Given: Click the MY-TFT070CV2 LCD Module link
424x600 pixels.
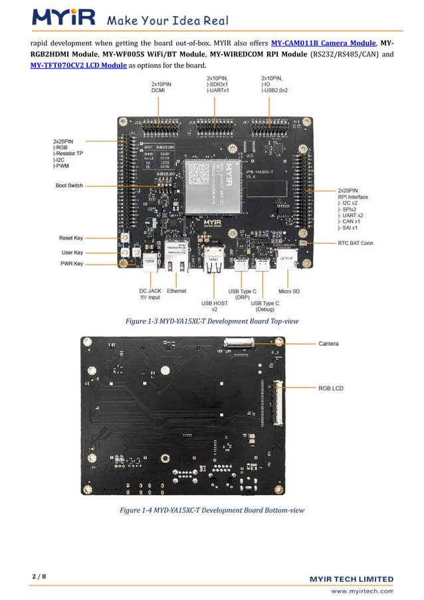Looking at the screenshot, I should pos(79,65).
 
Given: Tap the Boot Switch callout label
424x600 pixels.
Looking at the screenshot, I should pos(69,186).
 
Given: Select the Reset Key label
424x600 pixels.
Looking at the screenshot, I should pos(70,237).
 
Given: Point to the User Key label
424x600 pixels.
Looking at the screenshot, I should pos(72,253).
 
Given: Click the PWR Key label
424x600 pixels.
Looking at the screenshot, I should pos(71,264).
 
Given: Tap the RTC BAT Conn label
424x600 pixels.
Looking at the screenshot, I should pos(356,243).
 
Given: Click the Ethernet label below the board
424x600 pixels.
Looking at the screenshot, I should pos(177,291).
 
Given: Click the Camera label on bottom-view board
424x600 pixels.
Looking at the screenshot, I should pos(328,344).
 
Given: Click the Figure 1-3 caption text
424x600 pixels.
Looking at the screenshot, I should pos(212,321).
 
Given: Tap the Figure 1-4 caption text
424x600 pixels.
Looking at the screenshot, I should pos(212,510).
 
